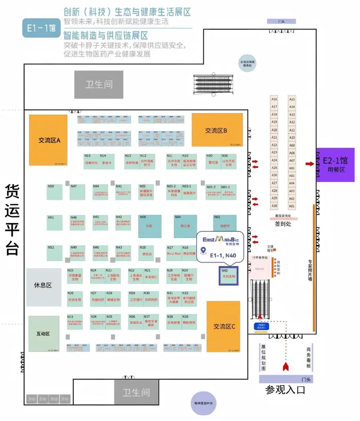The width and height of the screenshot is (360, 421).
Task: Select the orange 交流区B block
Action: pyautogui.click(x=217, y=130)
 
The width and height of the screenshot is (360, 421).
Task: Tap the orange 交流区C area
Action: pyautogui.click(x=224, y=326)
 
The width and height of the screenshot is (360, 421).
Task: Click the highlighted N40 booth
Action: pyautogui.click(x=228, y=275)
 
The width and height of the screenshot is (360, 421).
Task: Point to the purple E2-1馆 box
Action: pyautogui.click(x=335, y=165)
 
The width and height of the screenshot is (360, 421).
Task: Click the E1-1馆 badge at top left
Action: pyautogui.click(x=41, y=28)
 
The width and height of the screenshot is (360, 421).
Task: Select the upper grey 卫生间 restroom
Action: pyautogui.click(x=99, y=84)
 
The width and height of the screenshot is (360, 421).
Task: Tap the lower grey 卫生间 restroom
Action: pyautogui.click(x=136, y=392)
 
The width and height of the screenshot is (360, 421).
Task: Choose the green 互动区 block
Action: pyautogui.click(x=44, y=334)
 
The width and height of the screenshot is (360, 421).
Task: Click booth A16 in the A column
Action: pyautogui.click(x=274, y=99)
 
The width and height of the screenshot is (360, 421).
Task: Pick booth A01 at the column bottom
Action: pyautogui.click(x=292, y=206)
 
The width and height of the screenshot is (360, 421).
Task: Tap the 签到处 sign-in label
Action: pyautogui.click(x=283, y=224)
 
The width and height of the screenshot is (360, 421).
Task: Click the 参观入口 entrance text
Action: pyautogui.click(x=285, y=390)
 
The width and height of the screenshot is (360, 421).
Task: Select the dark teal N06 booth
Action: pyautogui.click(x=150, y=226)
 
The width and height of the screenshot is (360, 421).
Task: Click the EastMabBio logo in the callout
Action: pyautogui.click(x=221, y=239)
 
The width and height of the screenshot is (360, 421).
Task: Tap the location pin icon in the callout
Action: pyautogui.click(x=203, y=250)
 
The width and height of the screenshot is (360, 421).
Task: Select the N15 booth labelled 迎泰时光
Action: pyautogui.click(x=91, y=161)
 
